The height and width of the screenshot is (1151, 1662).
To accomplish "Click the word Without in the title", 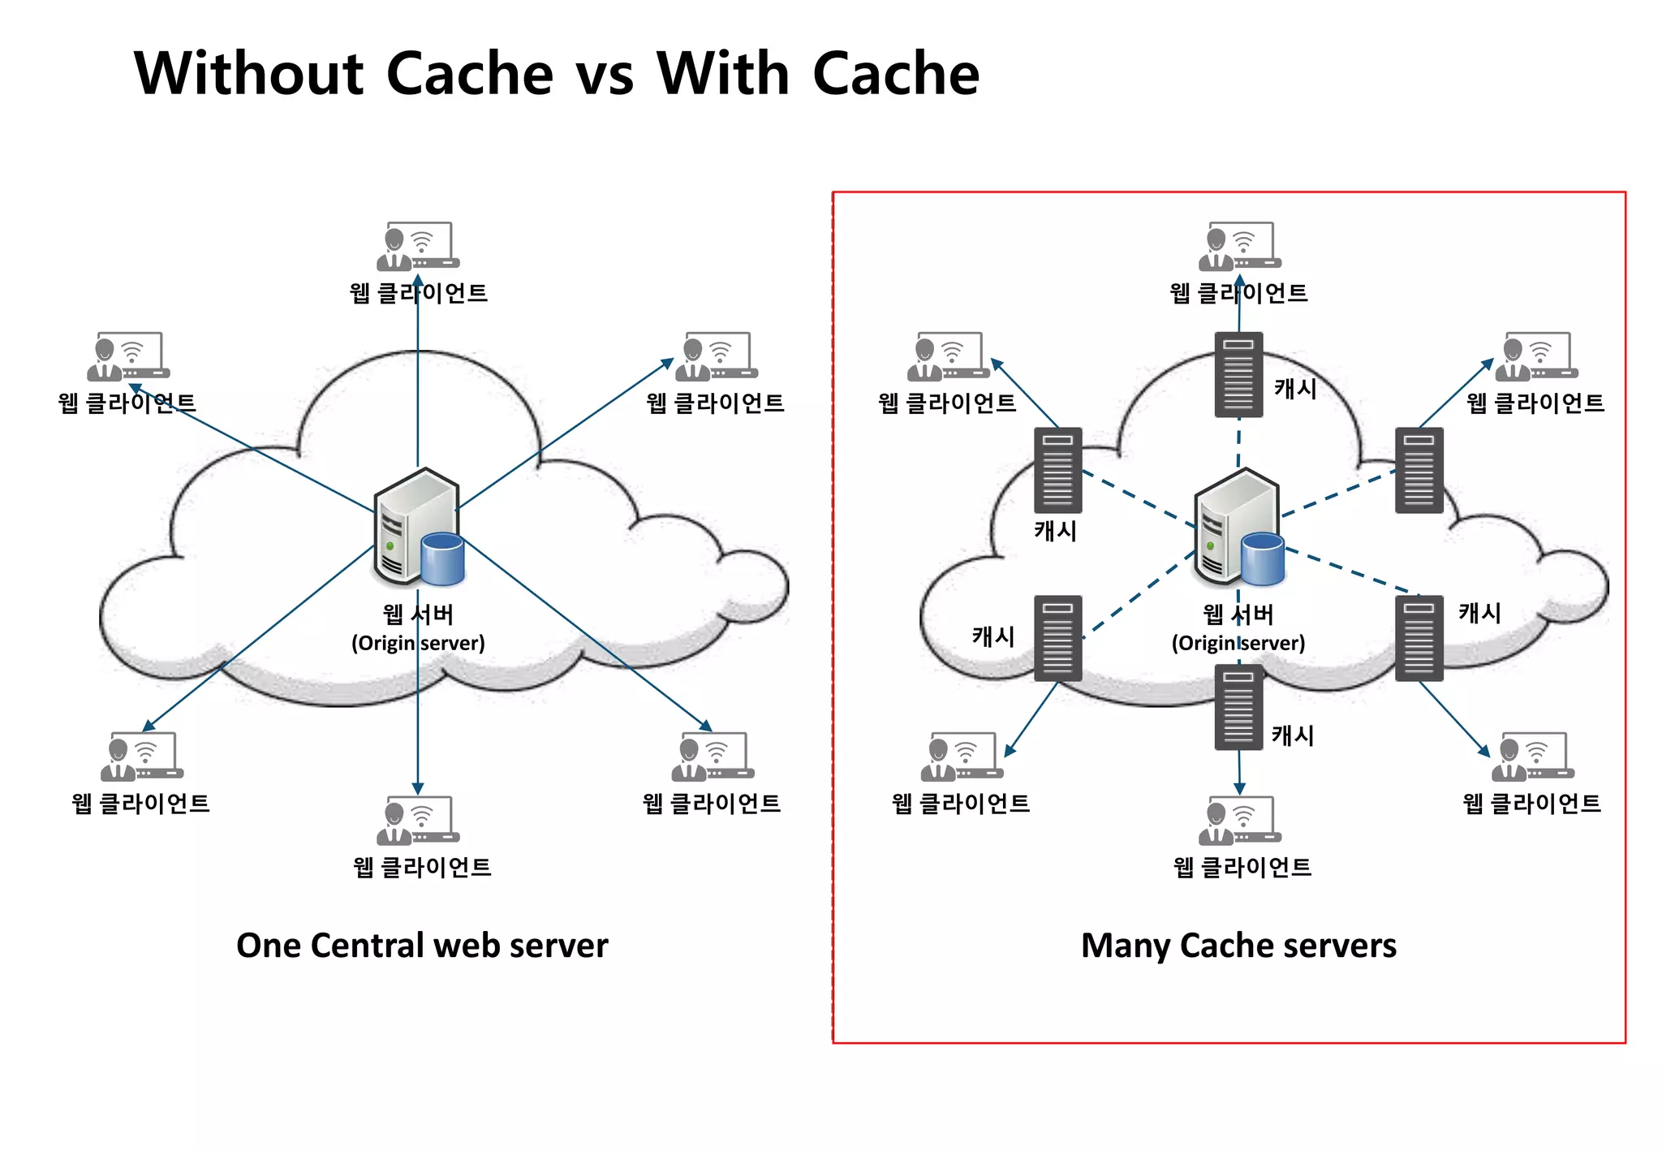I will coord(249,74).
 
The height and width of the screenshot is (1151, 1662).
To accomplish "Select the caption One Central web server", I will coord(422,946).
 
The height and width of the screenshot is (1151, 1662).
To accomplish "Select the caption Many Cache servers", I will coord(1238,946).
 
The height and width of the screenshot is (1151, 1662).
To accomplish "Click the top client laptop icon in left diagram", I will coord(418,246).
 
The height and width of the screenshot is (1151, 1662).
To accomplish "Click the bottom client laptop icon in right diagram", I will coord(1239,820).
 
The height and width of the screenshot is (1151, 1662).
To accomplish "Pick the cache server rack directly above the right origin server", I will coord(1238,374).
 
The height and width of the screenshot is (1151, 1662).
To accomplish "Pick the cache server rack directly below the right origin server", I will coord(1238,706).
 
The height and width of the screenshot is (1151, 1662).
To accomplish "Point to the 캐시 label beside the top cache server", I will coord(1295,389).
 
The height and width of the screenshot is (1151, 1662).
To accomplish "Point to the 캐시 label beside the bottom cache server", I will coord(1293,735).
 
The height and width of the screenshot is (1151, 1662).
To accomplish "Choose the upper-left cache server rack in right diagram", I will coord(1057,470).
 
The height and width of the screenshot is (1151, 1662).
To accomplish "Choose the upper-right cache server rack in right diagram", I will coord(1419,470).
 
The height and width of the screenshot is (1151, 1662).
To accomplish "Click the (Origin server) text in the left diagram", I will coord(418,643).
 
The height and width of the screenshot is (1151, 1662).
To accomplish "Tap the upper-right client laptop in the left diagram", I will coord(717,356).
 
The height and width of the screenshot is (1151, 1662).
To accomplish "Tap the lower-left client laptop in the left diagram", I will coord(142,757).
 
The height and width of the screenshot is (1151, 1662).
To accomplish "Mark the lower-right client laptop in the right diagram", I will coord(1532,757).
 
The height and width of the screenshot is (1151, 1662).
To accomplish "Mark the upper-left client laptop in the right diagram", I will coord(948,356).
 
